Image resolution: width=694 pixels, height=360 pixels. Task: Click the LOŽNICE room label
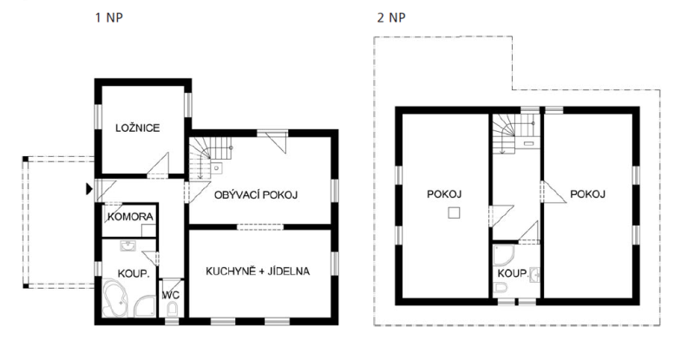[137, 128]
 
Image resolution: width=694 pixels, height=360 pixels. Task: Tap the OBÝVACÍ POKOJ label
[256, 194]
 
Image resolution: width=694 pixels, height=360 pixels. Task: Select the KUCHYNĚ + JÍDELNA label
[258, 271]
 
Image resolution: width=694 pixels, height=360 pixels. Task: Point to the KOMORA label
[130, 217]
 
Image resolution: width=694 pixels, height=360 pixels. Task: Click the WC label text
[171, 295]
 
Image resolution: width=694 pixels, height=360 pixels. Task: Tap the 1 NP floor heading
[109, 17]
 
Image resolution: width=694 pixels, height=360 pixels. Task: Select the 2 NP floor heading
[391, 17]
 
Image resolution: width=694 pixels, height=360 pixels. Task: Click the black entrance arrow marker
[89, 189]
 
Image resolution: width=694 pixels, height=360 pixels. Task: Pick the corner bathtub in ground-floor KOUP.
[115, 298]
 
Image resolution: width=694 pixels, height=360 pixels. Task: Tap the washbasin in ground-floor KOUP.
[128, 245]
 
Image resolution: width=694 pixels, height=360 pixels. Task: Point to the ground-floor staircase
[210, 157]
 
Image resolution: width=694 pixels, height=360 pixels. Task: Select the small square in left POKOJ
[454, 213]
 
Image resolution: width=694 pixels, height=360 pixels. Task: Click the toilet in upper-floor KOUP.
[501, 289]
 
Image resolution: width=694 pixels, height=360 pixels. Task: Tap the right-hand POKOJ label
[587, 194]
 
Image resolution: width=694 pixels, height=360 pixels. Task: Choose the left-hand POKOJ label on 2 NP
[444, 194]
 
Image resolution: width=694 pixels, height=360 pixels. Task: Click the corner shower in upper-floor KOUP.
[503, 255]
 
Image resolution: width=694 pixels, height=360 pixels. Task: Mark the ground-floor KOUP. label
[134, 273]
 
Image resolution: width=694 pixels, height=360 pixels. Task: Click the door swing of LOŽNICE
[158, 166]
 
